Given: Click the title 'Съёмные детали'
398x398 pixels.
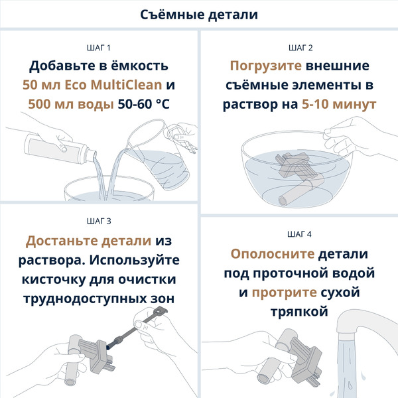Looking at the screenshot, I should pos(199,14).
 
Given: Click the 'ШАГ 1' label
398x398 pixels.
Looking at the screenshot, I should pos(99,48).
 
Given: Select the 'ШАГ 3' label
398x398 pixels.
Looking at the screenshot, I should pos(99,222).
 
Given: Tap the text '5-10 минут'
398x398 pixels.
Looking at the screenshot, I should pos(338,104).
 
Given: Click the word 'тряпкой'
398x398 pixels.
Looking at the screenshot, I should pos(298,310).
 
